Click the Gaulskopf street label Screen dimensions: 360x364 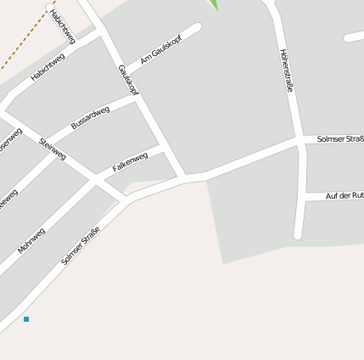129,80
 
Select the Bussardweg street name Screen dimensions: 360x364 90,117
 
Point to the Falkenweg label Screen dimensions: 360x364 130,162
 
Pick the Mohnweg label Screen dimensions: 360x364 31,239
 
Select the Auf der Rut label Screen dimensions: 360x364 344,196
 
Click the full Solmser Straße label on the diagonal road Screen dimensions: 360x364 81,244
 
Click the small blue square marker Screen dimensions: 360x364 26,319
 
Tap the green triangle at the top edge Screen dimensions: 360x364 214,4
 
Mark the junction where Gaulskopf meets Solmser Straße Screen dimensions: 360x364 183,177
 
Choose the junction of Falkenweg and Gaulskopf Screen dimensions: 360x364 163,147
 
